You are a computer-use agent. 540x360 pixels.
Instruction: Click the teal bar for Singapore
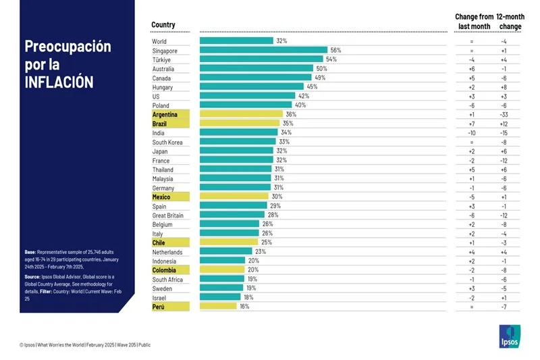[x=263, y=51]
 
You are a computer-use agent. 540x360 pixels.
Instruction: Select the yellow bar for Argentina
[x=241, y=115]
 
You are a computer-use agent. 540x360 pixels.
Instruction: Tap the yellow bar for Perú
[x=218, y=307]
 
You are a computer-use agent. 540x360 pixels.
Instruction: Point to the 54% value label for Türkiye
[x=331, y=59]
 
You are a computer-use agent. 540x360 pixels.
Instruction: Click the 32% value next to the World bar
[x=281, y=41]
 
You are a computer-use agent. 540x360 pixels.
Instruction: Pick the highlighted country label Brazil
[x=160, y=124]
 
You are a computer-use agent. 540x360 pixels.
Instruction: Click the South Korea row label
[x=168, y=143]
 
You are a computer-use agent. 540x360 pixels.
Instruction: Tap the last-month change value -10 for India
[x=472, y=133]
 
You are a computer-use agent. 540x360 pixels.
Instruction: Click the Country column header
[x=163, y=25]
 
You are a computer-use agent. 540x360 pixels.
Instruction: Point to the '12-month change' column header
[x=509, y=21]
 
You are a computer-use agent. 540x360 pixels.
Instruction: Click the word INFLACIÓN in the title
[x=59, y=82]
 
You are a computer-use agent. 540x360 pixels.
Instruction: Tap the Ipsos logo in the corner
[x=509, y=336]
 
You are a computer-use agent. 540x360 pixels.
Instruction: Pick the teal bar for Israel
[x=220, y=297]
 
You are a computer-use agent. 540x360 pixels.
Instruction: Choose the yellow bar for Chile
[x=229, y=242]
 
